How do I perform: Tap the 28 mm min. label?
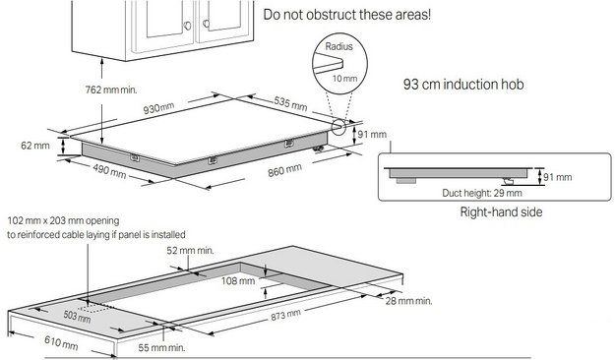point(409,300)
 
